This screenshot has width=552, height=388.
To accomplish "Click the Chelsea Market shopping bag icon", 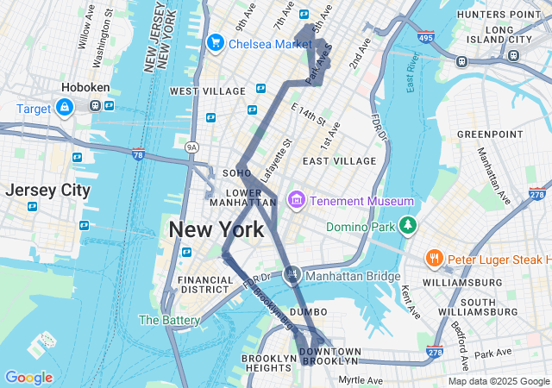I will pyautogui.click(x=216, y=42).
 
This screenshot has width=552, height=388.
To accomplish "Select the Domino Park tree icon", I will pyautogui.click(x=407, y=227).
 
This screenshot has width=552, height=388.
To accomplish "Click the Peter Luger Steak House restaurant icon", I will pyautogui.click(x=435, y=259).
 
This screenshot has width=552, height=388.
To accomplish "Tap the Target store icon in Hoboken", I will pyautogui.click(x=64, y=107).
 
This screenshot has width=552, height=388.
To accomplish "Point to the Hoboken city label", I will pyautogui.click(x=84, y=88).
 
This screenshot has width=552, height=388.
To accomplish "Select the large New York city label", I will pyautogui.click(x=216, y=230).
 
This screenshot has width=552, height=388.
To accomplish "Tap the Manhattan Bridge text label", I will pyautogui.click(x=353, y=276).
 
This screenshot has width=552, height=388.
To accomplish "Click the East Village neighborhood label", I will pyautogui.click(x=339, y=161).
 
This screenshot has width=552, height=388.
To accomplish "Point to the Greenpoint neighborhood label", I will pyautogui.click(x=485, y=135).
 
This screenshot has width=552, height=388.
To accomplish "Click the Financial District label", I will pyautogui.click(x=204, y=285).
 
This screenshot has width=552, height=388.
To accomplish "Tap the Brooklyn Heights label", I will pyautogui.click(x=269, y=363).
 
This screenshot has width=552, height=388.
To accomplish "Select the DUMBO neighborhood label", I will pyautogui.click(x=308, y=311).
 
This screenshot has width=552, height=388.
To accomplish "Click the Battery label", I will pyautogui.click(x=169, y=320).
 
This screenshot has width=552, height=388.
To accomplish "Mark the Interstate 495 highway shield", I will pyautogui.click(x=425, y=38).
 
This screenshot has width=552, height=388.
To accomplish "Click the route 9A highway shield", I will pyautogui.click(x=191, y=147).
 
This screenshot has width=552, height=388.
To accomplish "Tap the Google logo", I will pyautogui.click(x=28, y=378).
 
